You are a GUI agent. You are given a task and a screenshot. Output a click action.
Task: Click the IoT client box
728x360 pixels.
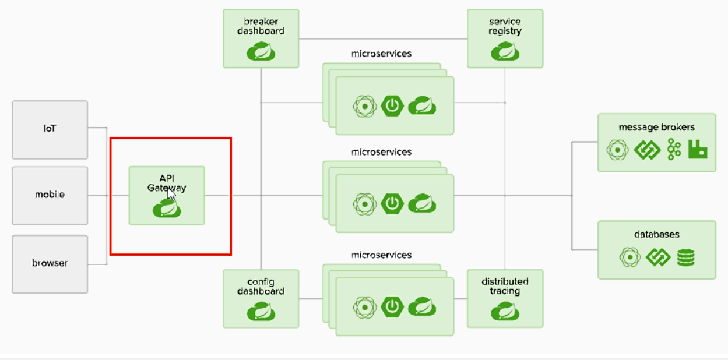tap(50, 129)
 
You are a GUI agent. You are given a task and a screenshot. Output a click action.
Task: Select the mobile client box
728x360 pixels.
tap(50, 195)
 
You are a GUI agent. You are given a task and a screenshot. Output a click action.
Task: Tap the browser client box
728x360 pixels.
tap(50, 263)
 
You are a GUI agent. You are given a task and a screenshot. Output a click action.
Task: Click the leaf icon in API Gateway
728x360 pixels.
tap(167, 209)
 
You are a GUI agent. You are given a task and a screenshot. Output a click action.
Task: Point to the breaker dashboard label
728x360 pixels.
tap(261, 26)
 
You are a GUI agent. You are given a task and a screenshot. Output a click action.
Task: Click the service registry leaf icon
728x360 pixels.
tap(505, 52)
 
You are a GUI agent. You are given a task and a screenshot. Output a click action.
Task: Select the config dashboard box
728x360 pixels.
tap(261, 298)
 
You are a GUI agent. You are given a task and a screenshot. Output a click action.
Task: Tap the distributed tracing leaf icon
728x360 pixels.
tap(505, 312)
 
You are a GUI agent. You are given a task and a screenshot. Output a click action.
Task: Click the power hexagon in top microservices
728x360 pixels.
tap(392, 106)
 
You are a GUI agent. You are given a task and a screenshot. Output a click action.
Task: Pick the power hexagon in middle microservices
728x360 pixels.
tap(392, 204)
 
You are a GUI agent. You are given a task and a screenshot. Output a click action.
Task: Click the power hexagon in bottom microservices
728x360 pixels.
tap(392, 306)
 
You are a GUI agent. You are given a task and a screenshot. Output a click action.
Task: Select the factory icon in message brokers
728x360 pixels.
tap(697, 150)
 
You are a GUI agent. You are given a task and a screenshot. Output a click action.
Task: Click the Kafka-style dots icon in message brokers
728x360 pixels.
tap(674, 150)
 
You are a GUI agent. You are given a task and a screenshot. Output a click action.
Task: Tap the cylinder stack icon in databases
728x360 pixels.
tap(686, 257)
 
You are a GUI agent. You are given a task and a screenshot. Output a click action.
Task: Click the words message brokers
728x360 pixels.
tap(656, 127)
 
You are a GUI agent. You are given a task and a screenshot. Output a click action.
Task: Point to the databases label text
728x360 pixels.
tap(656, 234)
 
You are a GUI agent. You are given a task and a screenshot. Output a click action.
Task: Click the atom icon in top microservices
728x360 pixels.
tap(365, 106)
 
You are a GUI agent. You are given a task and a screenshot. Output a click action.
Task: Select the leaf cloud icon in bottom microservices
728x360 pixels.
tap(422, 306)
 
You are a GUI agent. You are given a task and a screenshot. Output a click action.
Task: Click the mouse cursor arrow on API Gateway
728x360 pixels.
tap(171, 194)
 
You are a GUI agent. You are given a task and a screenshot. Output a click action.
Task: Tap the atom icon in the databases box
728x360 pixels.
tap(629, 257)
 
